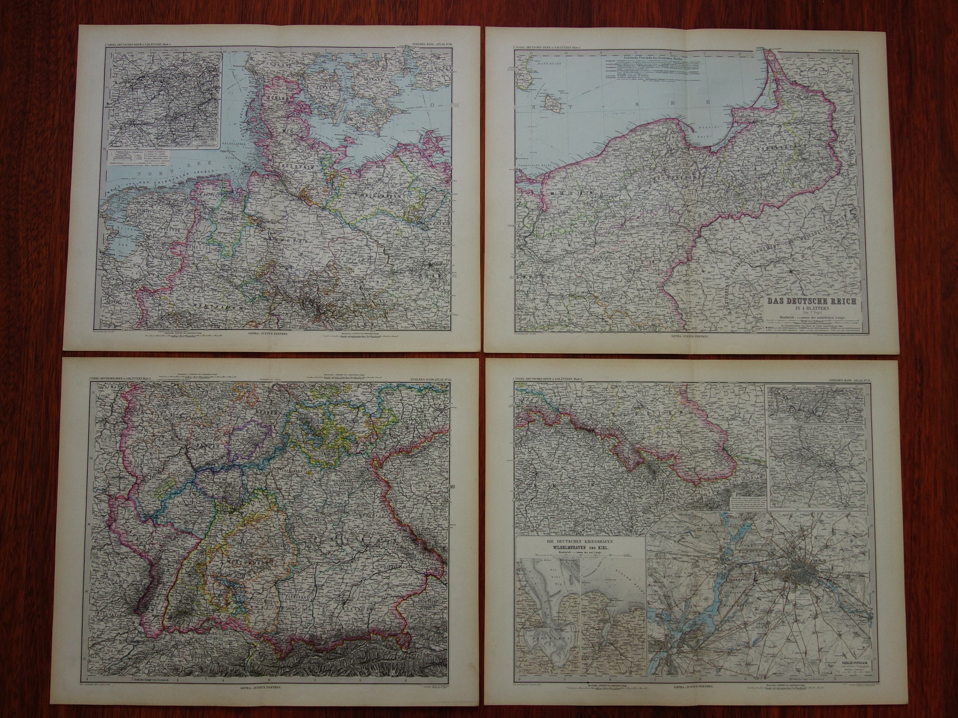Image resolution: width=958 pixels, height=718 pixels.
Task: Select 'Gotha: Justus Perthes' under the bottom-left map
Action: tap(269, 687)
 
